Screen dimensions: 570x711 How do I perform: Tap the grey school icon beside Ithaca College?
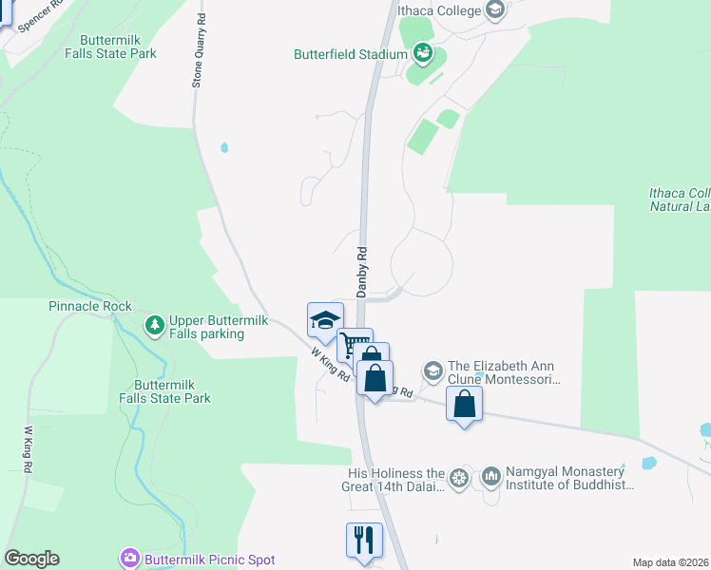tap(494, 10)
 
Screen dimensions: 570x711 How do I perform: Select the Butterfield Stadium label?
tap(350, 54)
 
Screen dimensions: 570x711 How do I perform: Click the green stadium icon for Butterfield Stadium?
tap(423, 53)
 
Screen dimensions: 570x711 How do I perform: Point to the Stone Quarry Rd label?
tap(199, 51)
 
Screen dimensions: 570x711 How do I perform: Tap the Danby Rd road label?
tap(362, 272)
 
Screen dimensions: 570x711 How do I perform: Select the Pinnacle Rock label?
tap(90, 307)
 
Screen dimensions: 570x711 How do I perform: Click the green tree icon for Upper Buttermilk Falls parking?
tap(154, 326)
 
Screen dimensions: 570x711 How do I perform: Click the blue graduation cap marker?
tap(325, 320)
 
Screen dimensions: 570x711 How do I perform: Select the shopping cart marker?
tap(355, 344)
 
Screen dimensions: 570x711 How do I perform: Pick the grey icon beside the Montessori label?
tap(432, 369)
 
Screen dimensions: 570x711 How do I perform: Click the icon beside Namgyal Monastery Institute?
tap(491, 475)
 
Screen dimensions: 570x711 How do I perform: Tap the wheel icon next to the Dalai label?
tap(460, 476)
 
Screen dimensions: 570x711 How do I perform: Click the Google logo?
tap(31, 559)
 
